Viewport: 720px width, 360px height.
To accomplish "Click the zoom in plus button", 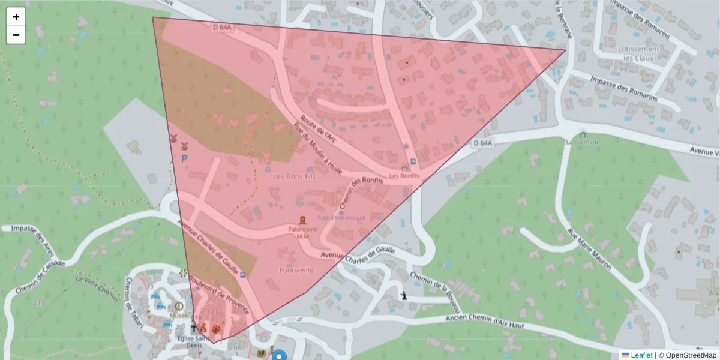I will pyautogui.click(x=16, y=17).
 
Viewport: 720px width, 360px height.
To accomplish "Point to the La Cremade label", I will pyautogui.click(x=582, y=142).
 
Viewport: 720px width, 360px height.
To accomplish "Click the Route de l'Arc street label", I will pyautogui.click(x=319, y=129).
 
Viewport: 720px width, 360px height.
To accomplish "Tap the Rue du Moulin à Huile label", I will pyautogui.click(x=317, y=148).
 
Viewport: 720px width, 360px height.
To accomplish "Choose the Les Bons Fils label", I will pyautogui.click(x=295, y=177).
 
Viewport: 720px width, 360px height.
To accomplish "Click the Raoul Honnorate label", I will pyautogui.click(x=341, y=217).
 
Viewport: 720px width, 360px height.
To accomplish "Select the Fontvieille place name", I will pyautogui.click(x=296, y=270).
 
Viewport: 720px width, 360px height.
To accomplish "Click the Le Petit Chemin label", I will pyautogui.click(x=98, y=286).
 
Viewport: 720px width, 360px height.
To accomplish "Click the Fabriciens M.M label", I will pyautogui.click(x=302, y=232).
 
